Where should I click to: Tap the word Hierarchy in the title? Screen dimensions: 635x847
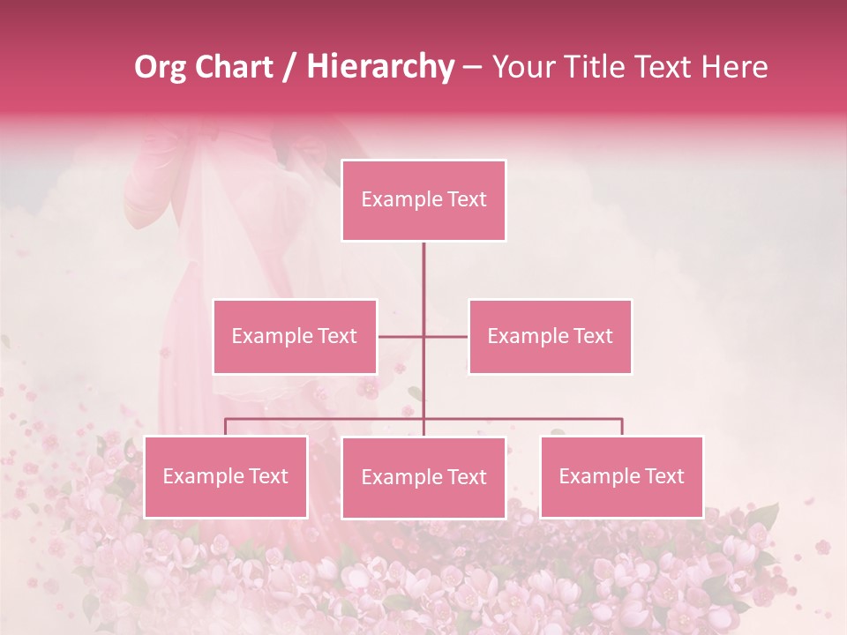click(380, 67)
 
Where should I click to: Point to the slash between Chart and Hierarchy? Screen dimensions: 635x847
click(290, 67)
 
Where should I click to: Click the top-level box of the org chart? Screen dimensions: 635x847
click(423, 200)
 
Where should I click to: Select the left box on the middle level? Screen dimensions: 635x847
click(295, 336)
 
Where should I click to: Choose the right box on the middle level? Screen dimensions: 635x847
click(550, 336)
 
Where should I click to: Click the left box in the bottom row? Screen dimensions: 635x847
click(226, 476)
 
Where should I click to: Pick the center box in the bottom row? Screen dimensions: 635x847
click(423, 477)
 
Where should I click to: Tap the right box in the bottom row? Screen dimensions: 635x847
click(621, 476)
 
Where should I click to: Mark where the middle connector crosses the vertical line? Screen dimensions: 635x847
click(423, 336)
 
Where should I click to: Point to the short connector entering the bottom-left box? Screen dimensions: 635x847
click(226, 427)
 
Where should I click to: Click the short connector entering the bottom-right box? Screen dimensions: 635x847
click(622, 427)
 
